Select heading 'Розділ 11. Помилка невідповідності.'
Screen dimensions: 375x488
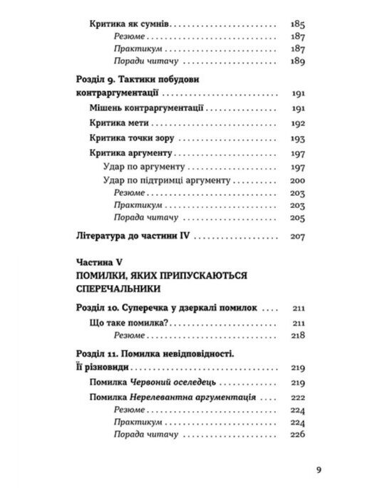pyautogui.click(x=158, y=355)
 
